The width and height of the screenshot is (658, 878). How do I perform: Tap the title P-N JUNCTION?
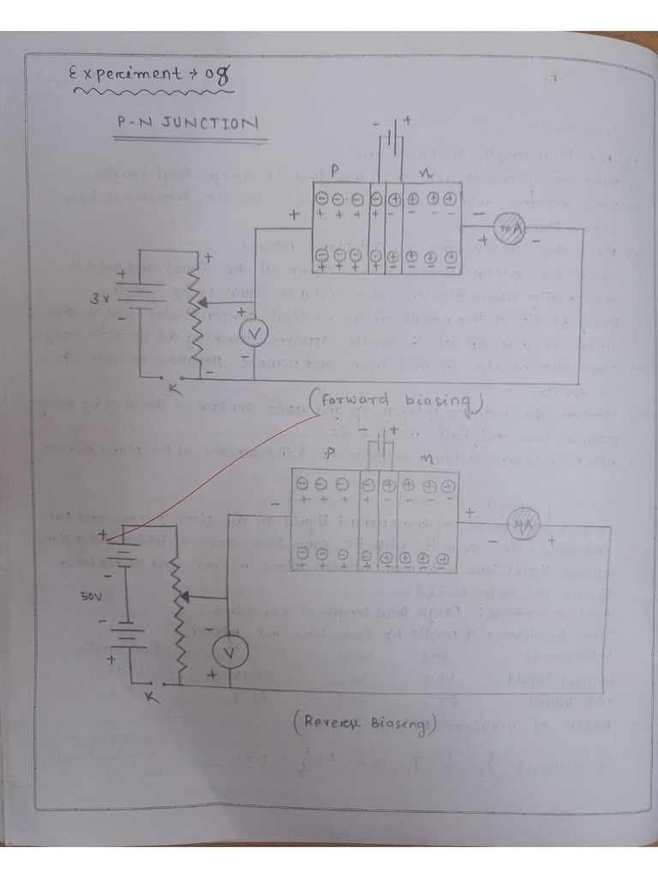pyautogui.click(x=187, y=123)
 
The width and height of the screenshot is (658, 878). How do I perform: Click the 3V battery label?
pyautogui.click(x=100, y=299)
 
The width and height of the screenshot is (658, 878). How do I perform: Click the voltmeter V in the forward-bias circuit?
pyautogui.click(x=253, y=333)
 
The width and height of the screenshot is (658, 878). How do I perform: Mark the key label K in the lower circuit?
pyautogui.click(x=152, y=697)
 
